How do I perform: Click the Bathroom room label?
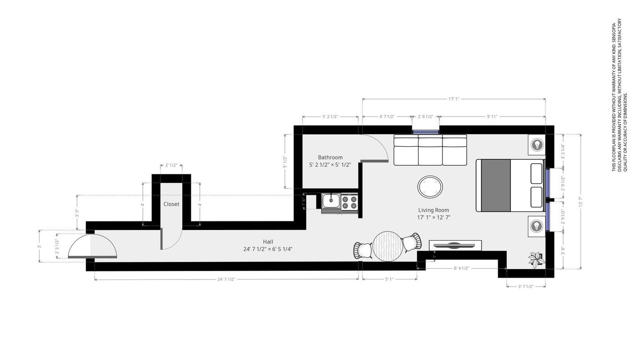[330, 157]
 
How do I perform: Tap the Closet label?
[171, 204]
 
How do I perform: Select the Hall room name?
[268, 242]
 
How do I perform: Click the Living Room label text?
[433, 210]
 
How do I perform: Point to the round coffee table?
[430, 187]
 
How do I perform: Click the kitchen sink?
[331, 201]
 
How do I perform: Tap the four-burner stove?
[349, 202]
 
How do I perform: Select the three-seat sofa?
[430, 150]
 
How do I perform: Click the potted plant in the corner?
[536, 259]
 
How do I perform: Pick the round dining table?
[388, 246]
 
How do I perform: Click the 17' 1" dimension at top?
[454, 99]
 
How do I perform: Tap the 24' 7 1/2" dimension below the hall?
[226, 279]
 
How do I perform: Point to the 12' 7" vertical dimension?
[581, 202]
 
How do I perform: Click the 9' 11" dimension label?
[492, 117]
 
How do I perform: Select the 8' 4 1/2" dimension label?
[461, 269]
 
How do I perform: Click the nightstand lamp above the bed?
[536, 145]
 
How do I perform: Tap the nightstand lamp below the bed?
[536, 226]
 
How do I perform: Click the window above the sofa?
[426, 132]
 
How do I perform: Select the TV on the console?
[455, 245]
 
